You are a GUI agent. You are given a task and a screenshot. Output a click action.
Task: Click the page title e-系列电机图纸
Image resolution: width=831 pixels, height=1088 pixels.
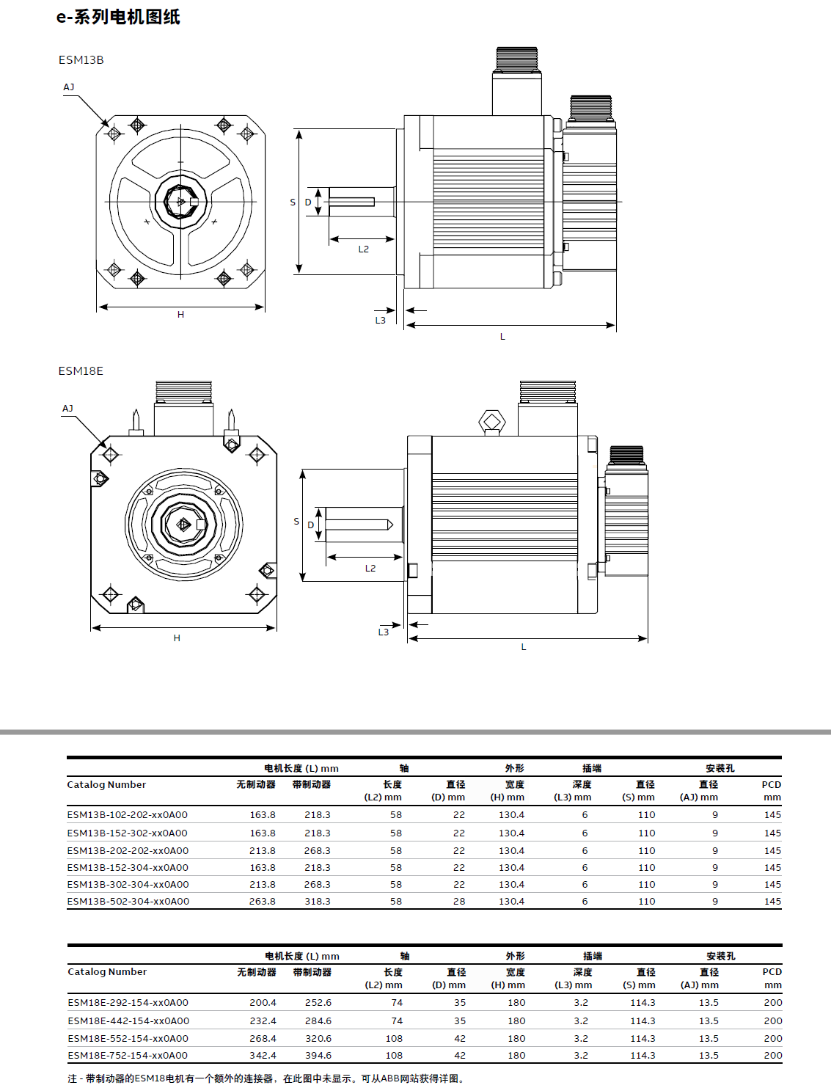[118, 17]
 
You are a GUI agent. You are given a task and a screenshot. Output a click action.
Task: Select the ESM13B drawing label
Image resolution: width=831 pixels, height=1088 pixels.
[81, 60]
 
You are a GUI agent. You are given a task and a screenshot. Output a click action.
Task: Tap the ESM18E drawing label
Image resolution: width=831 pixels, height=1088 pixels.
[81, 371]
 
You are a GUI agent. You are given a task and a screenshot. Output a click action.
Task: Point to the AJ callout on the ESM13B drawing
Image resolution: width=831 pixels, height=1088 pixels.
[68, 87]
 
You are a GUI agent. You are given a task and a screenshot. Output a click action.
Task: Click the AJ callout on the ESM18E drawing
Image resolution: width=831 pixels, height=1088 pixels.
[67, 409]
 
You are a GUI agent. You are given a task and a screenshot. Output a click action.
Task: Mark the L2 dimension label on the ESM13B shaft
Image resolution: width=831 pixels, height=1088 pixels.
[364, 249]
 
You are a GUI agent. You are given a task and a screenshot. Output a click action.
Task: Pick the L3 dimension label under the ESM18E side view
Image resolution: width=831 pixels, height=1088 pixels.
[383, 632]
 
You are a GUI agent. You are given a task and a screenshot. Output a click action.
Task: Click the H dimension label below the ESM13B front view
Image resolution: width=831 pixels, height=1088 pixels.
[180, 315]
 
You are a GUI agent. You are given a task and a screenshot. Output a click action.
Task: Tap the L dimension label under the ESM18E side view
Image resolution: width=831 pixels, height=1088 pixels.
[524, 647]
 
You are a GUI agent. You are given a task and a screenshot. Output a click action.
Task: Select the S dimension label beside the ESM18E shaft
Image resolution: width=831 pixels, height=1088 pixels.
[296, 522]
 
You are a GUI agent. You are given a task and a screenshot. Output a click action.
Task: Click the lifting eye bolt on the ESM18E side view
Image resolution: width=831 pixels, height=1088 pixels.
[491, 422]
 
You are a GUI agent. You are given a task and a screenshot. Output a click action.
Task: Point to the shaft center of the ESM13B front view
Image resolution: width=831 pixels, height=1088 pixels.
[180, 200]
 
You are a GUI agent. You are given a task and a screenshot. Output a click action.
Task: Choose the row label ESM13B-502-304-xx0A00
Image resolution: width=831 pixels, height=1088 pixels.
[128, 902]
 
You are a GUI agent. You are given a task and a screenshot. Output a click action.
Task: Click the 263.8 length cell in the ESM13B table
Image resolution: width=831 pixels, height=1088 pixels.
[263, 902]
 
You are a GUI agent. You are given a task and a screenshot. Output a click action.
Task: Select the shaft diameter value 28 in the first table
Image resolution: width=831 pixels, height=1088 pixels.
[459, 902]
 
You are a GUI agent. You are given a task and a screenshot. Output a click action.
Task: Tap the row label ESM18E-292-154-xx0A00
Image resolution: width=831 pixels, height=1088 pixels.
[128, 1003]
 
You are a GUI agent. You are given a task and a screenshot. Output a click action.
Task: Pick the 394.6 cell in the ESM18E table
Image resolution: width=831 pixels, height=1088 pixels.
[318, 1056]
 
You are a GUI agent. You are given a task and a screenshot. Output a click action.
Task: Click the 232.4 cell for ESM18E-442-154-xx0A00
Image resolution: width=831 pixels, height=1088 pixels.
[263, 1021]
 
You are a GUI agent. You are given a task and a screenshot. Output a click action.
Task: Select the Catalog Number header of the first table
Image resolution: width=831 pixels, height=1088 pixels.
[106, 785]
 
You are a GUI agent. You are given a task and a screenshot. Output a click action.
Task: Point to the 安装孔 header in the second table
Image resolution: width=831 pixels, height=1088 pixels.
[721, 957]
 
